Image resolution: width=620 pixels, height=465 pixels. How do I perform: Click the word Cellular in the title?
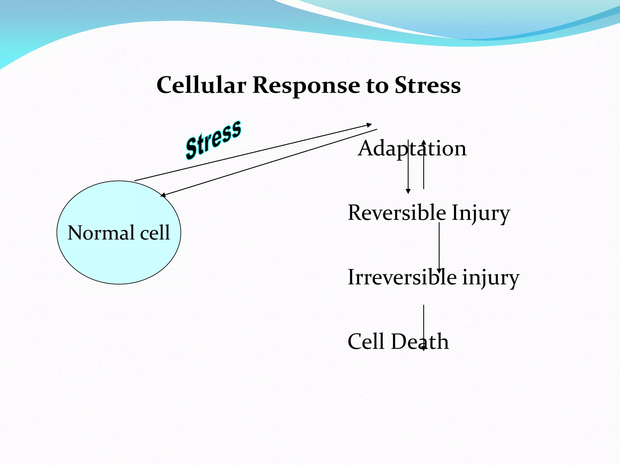pyautogui.click(x=201, y=85)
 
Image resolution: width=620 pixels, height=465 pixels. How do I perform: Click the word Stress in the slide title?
pyautogui.click(x=427, y=85)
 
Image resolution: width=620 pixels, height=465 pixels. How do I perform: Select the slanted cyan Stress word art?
pyautogui.click(x=213, y=140)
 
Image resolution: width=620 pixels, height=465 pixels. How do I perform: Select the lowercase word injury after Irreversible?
pyautogui.click(x=490, y=278)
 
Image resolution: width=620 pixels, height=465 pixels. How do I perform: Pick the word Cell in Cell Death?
pyautogui.click(x=366, y=341)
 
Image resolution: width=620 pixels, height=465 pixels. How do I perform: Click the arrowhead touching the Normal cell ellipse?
pyautogui.click(x=163, y=195)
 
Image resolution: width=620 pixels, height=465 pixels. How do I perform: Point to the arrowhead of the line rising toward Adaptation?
pyautogui.click(x=369, y=125)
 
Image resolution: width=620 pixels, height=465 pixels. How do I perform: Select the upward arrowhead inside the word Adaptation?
pyautogui.click(x=424, y=142)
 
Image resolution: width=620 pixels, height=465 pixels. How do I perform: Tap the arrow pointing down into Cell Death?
pyautogui.click(x=424, y=327)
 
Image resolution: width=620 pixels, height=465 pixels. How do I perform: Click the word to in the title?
pyautogui.click(x=377, y=86)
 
